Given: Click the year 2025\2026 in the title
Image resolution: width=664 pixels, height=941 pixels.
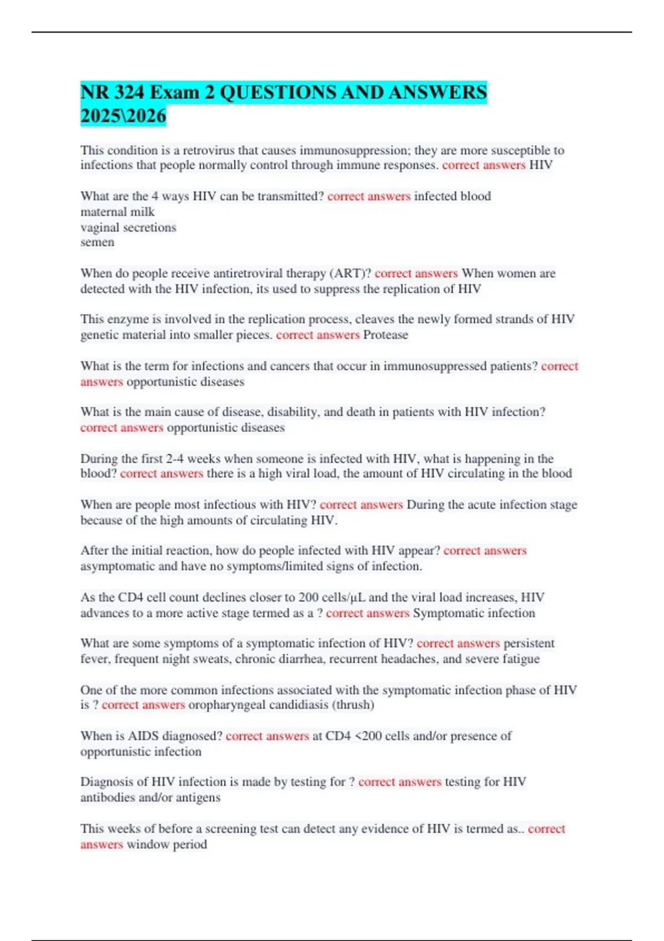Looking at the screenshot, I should click(123, 116).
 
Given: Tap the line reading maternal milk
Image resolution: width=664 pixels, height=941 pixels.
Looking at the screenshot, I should click(117, 212).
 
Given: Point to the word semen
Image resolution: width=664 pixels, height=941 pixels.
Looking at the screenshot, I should click(97, 242).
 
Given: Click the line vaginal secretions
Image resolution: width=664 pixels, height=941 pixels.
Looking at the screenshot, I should click(128, 228).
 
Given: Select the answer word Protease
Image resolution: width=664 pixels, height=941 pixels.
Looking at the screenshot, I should click(386, 335).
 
